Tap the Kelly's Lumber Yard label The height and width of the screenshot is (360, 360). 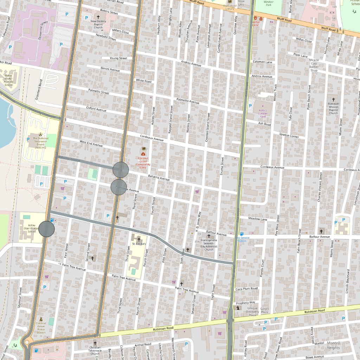263,112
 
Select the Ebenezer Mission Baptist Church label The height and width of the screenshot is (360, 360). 333,108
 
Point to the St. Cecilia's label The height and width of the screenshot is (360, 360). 139,243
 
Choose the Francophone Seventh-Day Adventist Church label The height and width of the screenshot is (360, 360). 209,244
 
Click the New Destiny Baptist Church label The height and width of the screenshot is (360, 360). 98,24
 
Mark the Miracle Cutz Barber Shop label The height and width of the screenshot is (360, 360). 314,65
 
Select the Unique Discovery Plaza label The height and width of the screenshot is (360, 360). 253,312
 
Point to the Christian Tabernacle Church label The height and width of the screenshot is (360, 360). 95,351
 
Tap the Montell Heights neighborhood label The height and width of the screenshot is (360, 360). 333,345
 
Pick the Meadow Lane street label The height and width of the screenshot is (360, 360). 258,219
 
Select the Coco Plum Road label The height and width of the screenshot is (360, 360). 246,289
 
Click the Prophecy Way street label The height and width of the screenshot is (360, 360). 245,302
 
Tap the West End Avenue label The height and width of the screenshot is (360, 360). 91,143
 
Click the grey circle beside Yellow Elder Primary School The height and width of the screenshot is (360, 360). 46,229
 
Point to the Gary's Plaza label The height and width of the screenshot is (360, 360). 264,310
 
